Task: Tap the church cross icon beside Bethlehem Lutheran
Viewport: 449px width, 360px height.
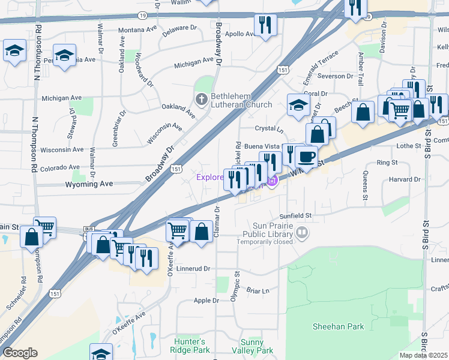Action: pos(202,97)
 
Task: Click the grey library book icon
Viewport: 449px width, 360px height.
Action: pos(303,231)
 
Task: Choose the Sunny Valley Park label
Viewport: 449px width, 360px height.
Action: pos(256,346)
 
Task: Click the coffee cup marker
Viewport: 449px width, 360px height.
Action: pos(306,157)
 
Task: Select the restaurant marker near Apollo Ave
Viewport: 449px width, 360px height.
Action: pos(264,26)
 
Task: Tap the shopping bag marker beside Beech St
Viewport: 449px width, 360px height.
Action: pos(363,112)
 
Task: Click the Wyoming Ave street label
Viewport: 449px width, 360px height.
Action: pos(89,184)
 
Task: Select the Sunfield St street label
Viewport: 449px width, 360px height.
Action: pos(296,215)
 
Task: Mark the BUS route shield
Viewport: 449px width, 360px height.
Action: pos(88,229)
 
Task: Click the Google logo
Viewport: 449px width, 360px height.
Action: pos(20,353)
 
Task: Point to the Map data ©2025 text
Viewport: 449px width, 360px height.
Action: pos(424,355)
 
